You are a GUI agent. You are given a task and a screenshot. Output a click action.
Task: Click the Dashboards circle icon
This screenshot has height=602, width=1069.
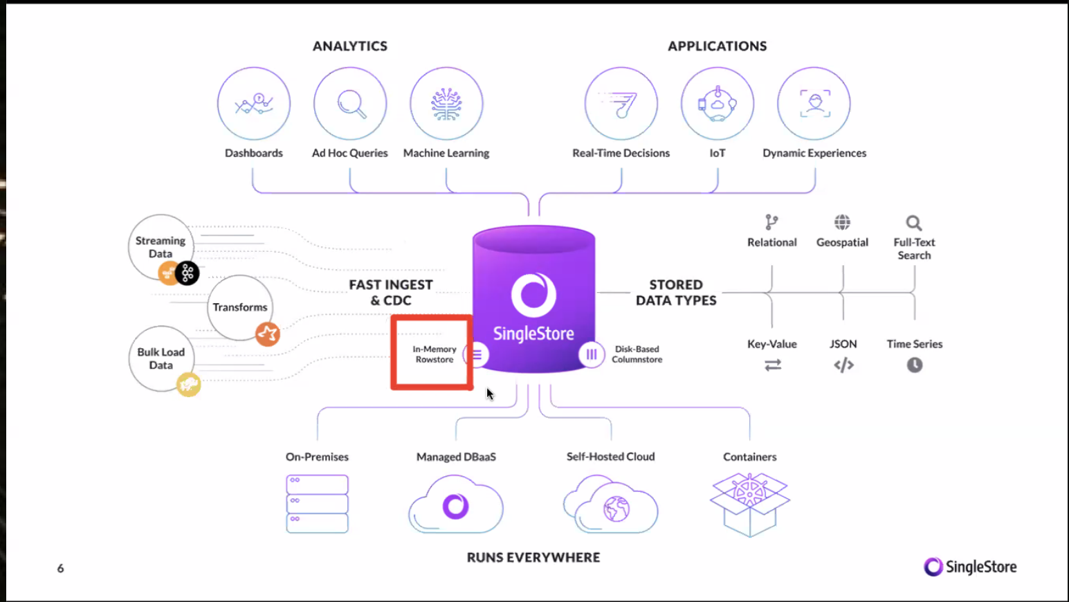coord(254,104)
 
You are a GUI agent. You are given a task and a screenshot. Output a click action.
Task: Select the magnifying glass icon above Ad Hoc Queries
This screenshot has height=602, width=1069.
coord(350,104)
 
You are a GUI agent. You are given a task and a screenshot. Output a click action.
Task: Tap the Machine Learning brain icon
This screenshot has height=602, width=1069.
coord(446,104)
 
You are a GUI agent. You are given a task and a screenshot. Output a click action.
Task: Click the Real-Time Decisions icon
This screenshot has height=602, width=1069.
coord(621,104)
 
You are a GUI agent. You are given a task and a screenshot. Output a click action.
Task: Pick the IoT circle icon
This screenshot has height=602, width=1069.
coord(718,104)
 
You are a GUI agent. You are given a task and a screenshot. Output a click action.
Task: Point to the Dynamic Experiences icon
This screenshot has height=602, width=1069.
coord(814,104)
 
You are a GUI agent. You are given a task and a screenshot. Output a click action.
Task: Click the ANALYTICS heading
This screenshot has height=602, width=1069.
coord(350,46)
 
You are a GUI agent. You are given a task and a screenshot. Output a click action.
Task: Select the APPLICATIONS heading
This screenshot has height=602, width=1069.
coord(717,46)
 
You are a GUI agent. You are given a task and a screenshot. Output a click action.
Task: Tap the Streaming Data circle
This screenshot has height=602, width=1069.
coord(161,247)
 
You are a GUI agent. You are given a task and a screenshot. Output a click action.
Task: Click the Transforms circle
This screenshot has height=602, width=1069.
coord(239,307)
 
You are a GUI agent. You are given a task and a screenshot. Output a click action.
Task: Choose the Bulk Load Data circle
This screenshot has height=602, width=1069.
coord(161,358)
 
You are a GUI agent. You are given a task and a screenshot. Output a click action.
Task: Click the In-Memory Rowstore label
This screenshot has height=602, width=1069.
coord(435,354)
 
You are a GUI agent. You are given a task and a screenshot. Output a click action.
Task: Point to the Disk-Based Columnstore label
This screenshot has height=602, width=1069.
coord(637,354)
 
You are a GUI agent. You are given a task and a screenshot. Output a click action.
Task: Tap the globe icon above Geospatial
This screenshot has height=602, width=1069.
coord(842,222)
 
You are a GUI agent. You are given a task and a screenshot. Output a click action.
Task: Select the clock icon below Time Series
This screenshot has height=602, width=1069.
coord(915,365)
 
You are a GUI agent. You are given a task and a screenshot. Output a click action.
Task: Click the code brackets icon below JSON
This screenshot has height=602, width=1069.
coord(843,365)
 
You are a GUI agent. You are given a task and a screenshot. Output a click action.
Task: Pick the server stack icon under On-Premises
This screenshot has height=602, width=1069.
coord(317,504)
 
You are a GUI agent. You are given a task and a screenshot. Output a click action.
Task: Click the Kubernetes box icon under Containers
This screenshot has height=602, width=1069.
coord(750,504)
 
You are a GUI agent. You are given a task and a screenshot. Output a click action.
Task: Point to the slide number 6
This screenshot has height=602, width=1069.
coord(60,568)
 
